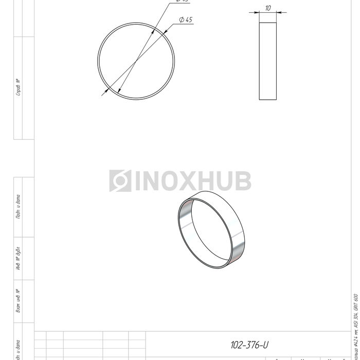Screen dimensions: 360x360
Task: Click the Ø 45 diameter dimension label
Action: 186,20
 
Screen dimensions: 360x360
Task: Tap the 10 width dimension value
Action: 268,8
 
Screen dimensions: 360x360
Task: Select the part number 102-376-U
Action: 249,345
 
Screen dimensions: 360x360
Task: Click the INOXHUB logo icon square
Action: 120,181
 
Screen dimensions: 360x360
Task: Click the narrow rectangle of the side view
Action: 268,61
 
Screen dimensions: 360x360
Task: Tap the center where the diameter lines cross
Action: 136,61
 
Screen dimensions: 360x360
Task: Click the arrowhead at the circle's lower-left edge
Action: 105,92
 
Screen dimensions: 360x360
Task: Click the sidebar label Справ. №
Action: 18,87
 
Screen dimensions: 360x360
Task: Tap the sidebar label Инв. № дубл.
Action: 18,258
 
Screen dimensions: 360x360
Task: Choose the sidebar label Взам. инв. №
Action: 18,301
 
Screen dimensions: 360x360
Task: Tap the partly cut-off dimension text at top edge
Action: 182,2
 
